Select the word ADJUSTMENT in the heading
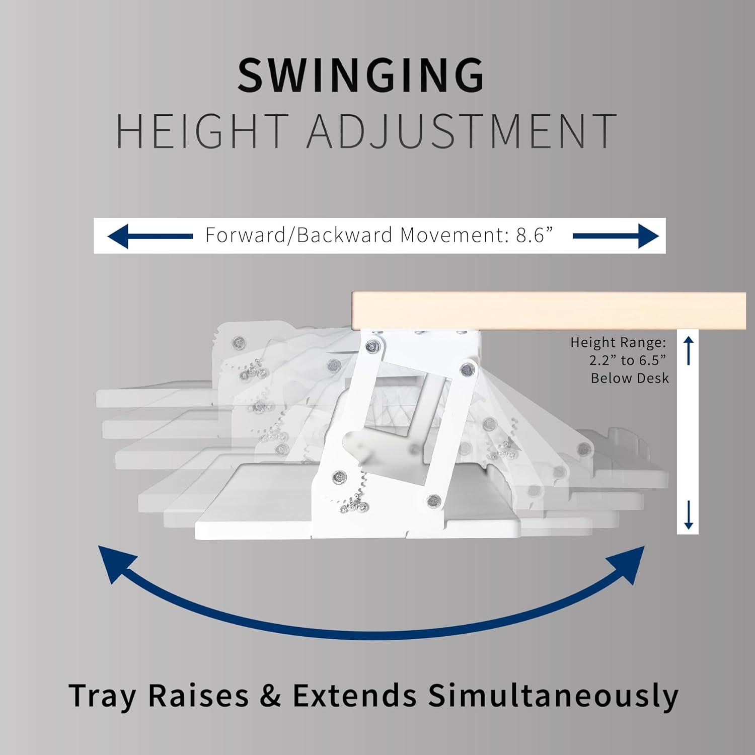pos(462,131)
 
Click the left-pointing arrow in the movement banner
pos(150,236)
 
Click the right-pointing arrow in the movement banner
pos(616,236)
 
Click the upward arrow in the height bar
pos(689,350)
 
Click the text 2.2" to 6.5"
pos(628,360)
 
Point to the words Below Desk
pos(630,378)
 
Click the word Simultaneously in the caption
pos(553,696)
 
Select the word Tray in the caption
pos(102,696)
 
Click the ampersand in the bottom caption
pos(271,696)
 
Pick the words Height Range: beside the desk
pos(618,343)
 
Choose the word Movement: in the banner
pos(455,235)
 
